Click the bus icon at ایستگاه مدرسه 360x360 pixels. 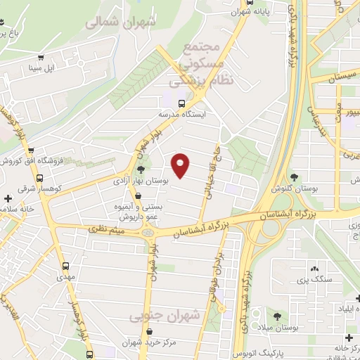click(182, 102)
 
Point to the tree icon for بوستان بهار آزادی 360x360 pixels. click(141, 169)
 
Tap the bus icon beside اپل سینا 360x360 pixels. click(41, 58)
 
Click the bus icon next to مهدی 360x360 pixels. click(65, 266)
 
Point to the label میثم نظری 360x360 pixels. click(106, 230)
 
